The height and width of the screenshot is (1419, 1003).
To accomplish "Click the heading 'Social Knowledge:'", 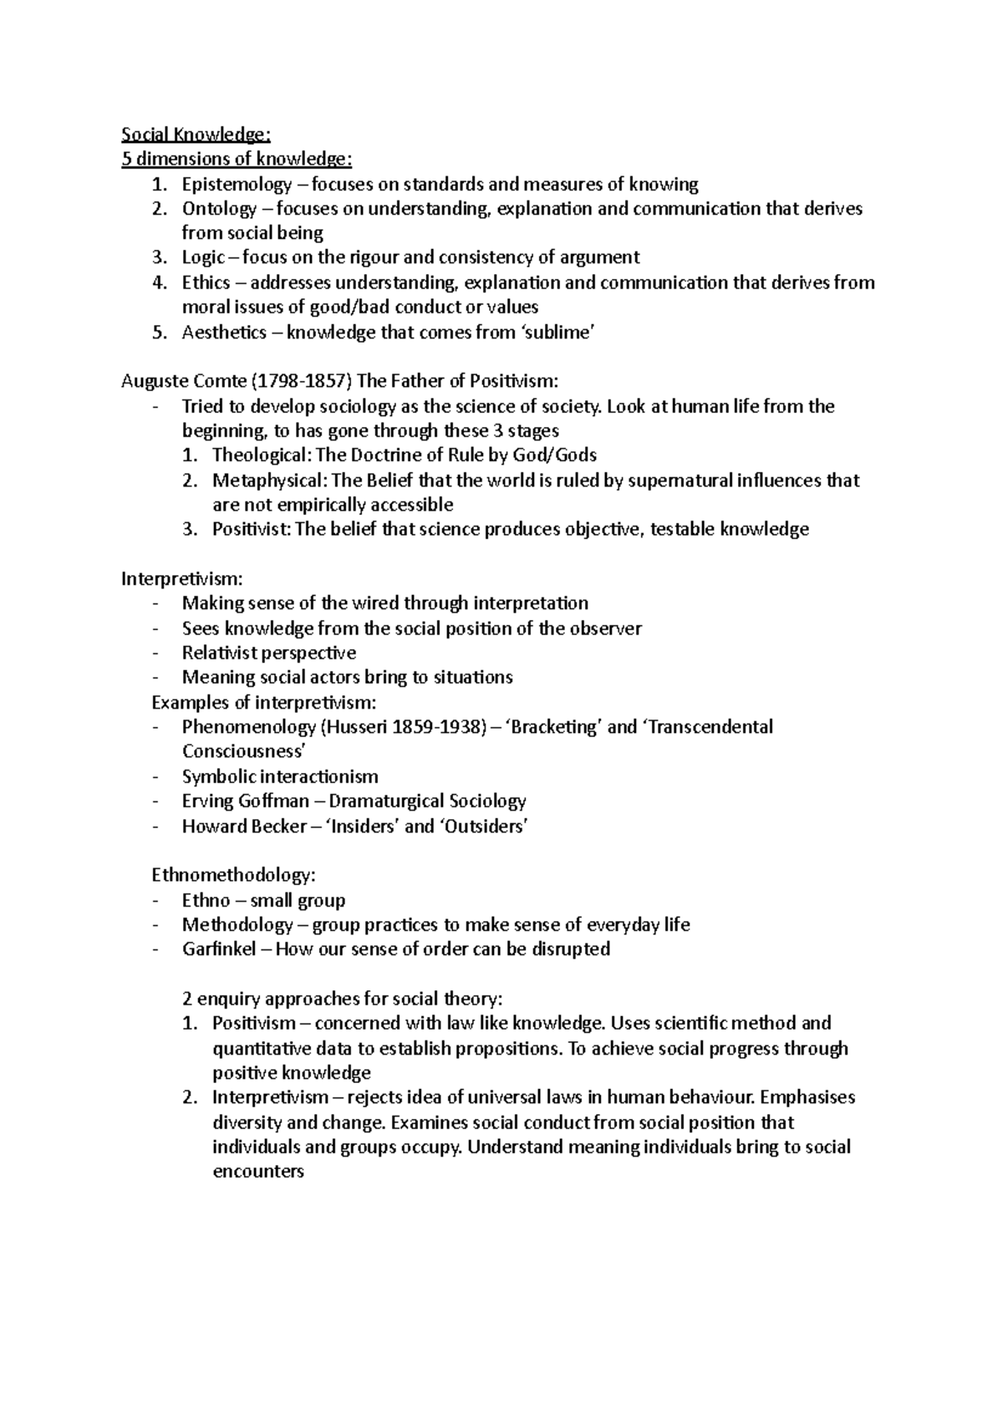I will pos(196,135).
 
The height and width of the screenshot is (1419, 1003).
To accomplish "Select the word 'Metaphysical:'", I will pos(268,481).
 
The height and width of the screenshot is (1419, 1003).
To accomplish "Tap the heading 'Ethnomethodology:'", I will pos(233,876).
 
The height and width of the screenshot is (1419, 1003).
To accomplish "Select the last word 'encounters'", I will pos(257,1172).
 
